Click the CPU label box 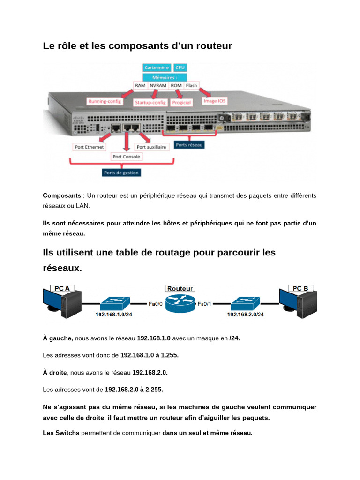(180, 68)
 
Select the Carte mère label (157, 68)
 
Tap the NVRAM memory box (158, 86)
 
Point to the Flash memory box (191, 86)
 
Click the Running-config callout (105, 101)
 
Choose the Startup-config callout (150, 102)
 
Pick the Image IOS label (215, 101)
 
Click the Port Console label (126, 157)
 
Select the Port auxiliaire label (151, 147)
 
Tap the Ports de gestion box (121, 172)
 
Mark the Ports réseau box (189, 145)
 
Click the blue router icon (180, 305)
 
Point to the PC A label (62, 288)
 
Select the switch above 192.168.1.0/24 (114, 303)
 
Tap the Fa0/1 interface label (205, 304)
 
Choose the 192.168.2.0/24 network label (246, 315)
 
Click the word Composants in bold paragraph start (60, 195)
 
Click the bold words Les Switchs (61, 433)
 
